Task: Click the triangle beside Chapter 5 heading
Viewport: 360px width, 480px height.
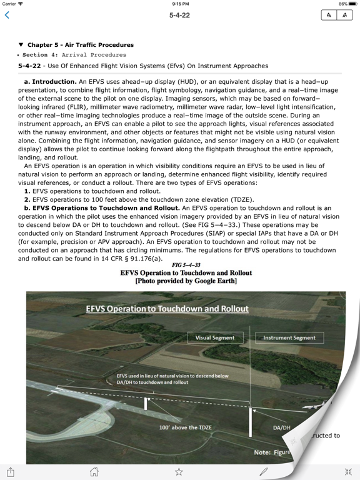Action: pyautogui.click(x=21, y=45)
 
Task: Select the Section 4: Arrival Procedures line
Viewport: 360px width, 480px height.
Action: pyautogui.click(x=75, y=55)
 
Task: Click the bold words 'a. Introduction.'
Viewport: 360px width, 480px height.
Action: pyautogui.click(x=51, y=82)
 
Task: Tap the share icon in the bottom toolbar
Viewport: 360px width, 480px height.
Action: pyautogui.click(x=11, y=471)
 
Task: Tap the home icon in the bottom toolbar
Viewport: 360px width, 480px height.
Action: pyautogui.click(x=94, y=471)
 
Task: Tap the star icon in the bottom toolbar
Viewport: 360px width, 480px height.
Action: pyautogui.click(x=179, y=471)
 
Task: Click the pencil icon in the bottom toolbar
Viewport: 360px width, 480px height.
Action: pyautogui.click(x=264, y=471)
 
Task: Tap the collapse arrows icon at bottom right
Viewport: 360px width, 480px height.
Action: pyautogui.click(x=348, y=471)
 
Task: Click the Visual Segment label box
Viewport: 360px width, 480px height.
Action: pyautogui.click(x=215, y=337)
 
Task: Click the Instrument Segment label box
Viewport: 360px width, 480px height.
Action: pyautogui.click(x=289, y=337)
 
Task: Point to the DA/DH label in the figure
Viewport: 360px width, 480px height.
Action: pyautogui.click(x=282, y=428)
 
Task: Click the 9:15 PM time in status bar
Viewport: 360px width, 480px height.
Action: pyautogui.click(x=180, y=4)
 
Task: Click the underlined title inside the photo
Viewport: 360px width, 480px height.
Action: pyautogui.click(x=167, y=309)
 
